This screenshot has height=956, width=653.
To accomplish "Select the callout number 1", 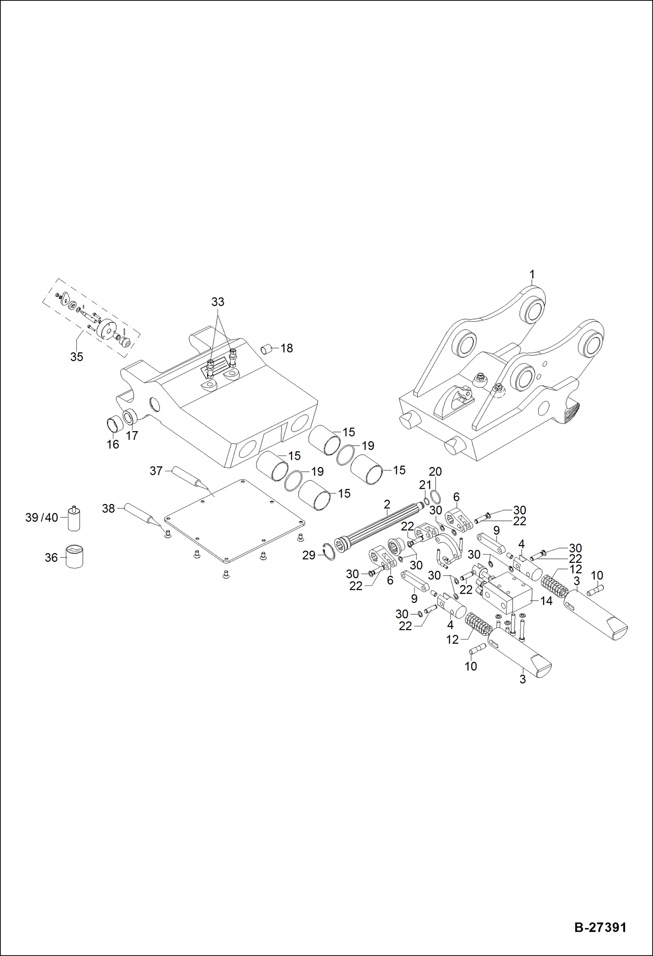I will point(531,275).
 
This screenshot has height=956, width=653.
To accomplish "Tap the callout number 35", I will point(76,357).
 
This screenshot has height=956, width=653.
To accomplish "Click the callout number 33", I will point(218,302).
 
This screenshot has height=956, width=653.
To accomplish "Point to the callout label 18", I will point(286,348).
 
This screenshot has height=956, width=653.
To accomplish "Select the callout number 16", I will point(112,444).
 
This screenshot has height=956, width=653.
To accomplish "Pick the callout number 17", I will point(132,435).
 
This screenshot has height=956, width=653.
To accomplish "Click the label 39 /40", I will point(42,518).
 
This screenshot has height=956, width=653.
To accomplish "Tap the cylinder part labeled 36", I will point(75,557).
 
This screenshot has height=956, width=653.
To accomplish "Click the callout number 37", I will point(156,471).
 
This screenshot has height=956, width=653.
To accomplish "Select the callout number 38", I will point(108,508).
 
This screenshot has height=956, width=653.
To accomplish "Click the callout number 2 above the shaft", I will point(387,504).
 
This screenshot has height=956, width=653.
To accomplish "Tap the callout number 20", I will point(435,472).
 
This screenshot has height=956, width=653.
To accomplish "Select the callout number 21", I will point(425,485).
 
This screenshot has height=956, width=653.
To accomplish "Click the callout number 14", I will point(546,601).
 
